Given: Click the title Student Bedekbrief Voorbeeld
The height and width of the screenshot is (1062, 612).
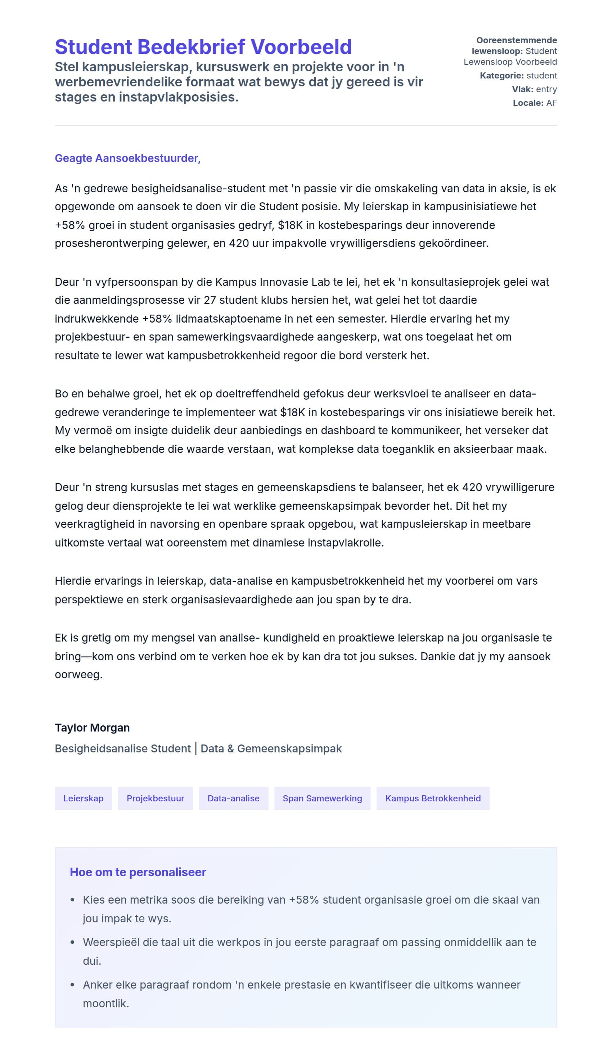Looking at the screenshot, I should coord(203,47).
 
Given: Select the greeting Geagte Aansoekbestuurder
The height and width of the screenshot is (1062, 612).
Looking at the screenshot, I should coord(127,158).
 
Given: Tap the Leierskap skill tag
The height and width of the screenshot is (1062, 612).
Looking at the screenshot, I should coord(83,798).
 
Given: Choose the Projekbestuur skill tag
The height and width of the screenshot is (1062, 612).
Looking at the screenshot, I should coord(155,798).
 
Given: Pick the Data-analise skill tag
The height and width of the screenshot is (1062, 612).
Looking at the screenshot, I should coord(233,798).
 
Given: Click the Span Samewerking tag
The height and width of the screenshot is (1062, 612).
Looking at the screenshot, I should coord(322,798).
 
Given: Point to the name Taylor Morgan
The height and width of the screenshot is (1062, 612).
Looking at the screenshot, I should coord(92,728).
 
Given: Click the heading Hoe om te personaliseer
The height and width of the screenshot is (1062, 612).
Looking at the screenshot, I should coord(138,872).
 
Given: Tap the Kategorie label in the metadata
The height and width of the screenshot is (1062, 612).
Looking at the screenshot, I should coord(501,76).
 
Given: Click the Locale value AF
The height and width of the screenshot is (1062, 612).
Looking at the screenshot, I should coord(552,103).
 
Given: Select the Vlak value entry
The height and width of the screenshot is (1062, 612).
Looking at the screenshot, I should coord(546,89).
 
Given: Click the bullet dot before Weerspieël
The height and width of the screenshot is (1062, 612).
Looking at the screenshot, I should coord(73,942).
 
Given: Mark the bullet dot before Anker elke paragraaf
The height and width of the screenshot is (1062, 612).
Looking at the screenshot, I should coord(73,985).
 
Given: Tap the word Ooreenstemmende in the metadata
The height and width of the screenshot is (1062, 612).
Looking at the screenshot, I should coord(516,40).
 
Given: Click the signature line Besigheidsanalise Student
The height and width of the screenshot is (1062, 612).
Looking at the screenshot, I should coord(123,748).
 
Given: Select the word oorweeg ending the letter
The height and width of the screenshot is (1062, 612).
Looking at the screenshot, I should coord(78,675).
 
